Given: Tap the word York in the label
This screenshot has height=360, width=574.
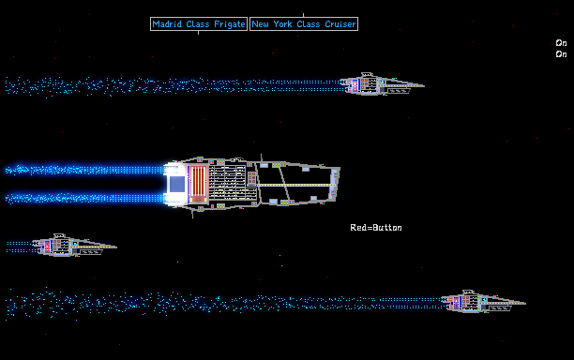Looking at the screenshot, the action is click(x=282, y=24).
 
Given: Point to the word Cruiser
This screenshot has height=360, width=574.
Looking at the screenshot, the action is click(x=340, y=24).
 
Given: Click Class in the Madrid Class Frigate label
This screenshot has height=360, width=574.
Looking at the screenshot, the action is click(x=197, y=24).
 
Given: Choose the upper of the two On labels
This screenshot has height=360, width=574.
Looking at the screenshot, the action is click(x=561, y=43).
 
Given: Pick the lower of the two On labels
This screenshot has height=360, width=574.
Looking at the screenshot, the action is click(x=561, y=54).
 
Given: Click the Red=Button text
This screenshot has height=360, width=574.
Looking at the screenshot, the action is click(x=376, y=228).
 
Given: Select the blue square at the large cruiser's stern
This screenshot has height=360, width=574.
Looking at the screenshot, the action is click(x=177, y=184).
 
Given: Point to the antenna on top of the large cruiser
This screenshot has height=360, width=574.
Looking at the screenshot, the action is click(x=261, y=157).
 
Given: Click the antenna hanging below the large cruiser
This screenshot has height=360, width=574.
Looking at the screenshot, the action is click(x=192, y=214).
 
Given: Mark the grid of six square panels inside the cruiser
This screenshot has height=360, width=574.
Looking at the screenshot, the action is click(x=252, y=178).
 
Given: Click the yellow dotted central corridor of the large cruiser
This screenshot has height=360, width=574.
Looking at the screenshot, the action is click(x=295, y=185).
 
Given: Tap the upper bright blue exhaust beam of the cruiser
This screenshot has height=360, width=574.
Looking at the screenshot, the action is click(x=84, y=170).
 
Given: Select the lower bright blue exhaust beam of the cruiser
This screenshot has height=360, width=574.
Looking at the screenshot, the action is click(x=84, y=199).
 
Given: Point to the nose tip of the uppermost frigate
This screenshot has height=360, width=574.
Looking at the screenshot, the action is click(x=424, y=86).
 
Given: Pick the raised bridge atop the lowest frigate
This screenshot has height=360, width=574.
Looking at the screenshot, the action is click(x=468, y=293).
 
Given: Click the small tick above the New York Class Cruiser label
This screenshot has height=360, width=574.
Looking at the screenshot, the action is click(x=303, y=15).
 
